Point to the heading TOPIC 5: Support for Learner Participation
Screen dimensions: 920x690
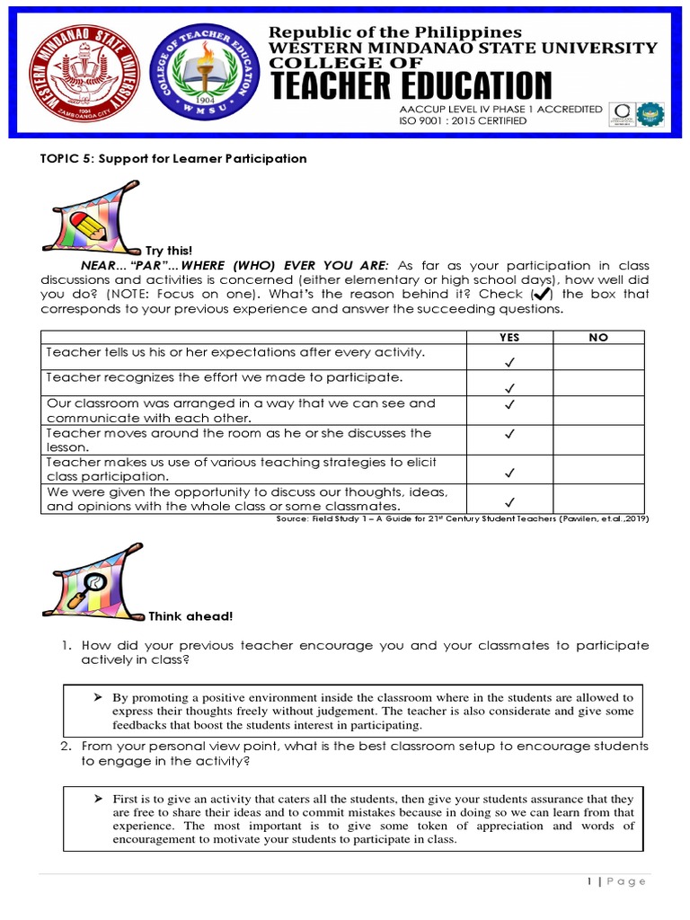pyautogui.click(x=172, y=159)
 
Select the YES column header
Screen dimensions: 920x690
pyautogui.click(x=509, y=337)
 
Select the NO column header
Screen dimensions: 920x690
pyautogui.click(x=598, y=337)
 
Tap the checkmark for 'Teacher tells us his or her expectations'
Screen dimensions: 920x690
pyautogui.click(x=509, y=361)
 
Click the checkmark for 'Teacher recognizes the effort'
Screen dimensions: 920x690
pyautogui.click(x=509, y=389)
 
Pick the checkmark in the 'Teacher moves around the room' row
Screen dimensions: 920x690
pyautogui.click(x=509, y=434)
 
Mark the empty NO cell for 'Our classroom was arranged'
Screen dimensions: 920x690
pyautogui.click(x=598, y=411)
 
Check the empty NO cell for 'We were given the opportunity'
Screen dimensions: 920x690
pyautogui.click(x=598, y=500)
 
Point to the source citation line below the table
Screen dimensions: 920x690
pyautogui.click(x=462, y=519)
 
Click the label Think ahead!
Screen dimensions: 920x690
pyautogui.click(x=190, y=616)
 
